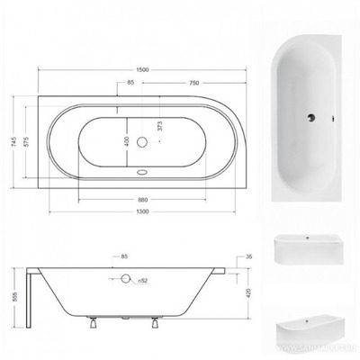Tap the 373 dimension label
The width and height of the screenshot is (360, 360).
pyautogui.click(x=162, y=127)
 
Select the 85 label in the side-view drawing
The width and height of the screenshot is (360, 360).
pyautogui.click(x=124, y=256)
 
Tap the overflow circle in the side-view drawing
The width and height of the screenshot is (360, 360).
pyautogui.click(x=126, y=281)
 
